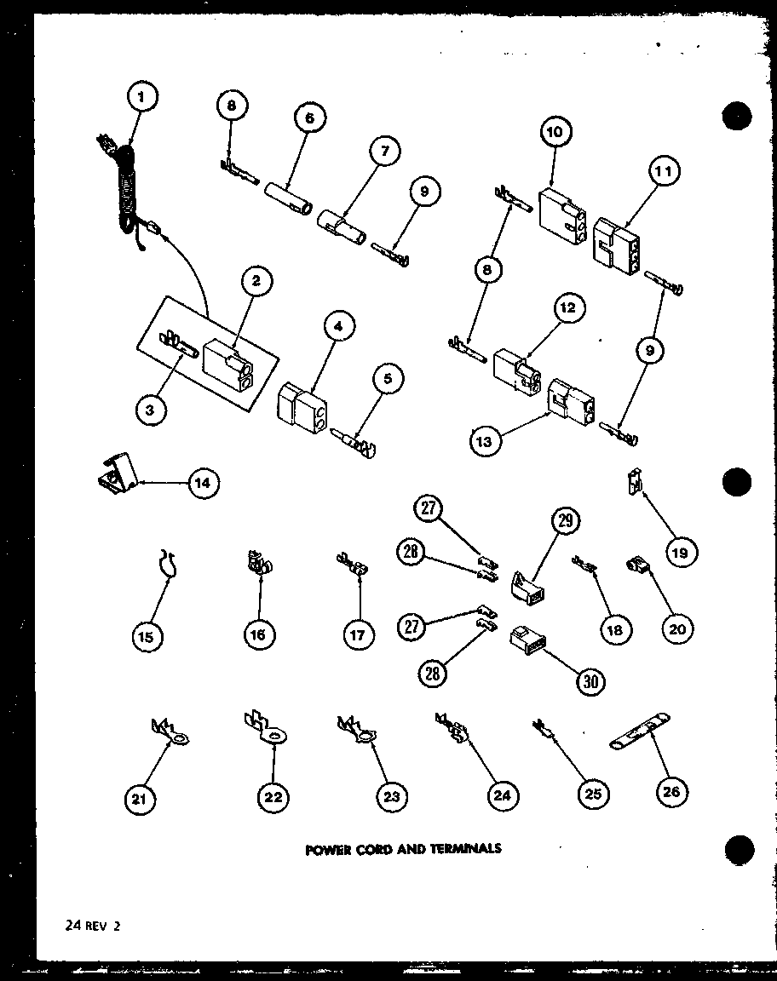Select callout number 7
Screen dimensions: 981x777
pos(385,152)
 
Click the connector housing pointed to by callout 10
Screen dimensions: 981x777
pos(561,209)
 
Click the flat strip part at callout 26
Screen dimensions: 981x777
pos(639,731)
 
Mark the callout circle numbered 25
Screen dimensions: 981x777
pos(592,794)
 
